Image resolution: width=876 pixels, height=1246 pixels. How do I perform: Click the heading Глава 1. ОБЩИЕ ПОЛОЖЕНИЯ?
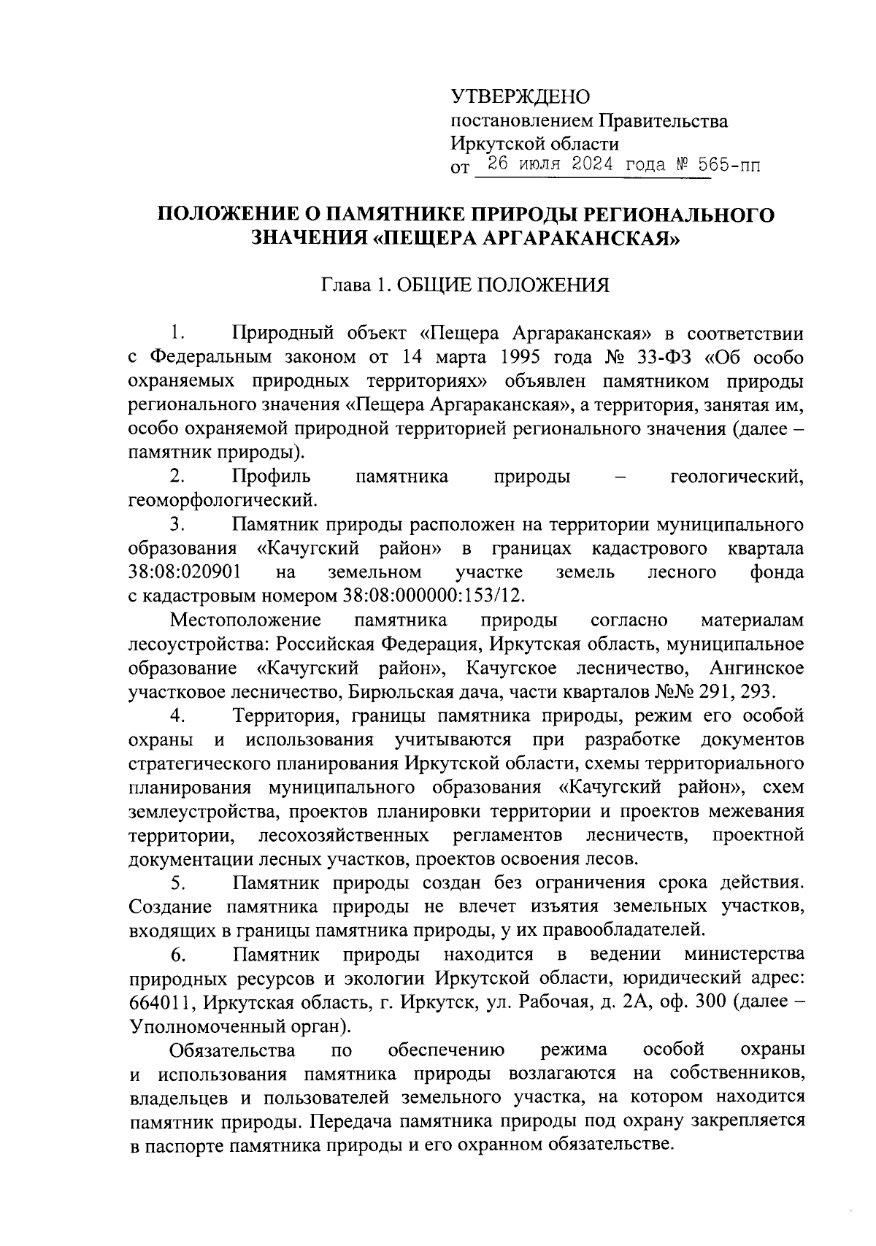click(x=466, y=285)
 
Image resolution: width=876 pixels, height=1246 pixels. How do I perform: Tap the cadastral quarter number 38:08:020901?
click(x=185, y=572)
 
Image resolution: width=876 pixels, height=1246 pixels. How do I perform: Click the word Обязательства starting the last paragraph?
click(x=232, y=1050)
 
